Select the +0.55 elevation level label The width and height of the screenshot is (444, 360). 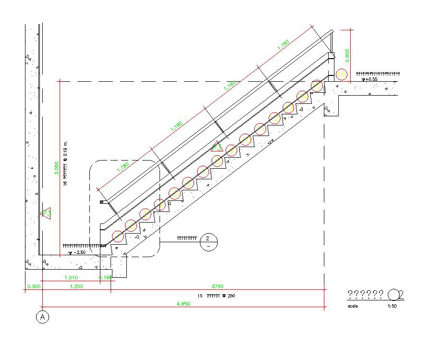click(372, 79)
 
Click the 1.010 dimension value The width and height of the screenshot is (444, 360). click(70, 278)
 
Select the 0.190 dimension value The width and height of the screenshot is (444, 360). click(105, 278)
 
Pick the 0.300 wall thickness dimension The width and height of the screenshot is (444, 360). click(33, 286)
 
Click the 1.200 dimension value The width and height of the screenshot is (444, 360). click(76, 286)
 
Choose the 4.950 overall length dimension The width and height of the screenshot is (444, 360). click(184, 304)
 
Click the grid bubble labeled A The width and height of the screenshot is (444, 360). click(43, 317)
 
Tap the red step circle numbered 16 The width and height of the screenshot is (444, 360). click(341, 74)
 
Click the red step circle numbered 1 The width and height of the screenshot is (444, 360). click(118, 236)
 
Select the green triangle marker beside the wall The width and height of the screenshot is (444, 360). click(47, 212)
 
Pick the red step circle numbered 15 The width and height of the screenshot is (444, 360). click(316, 86)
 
